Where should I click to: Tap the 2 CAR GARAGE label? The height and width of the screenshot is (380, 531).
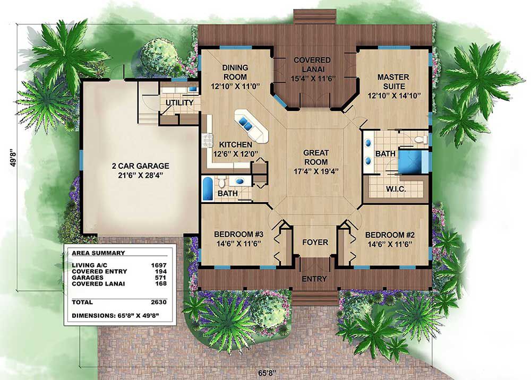(x=141, y=166)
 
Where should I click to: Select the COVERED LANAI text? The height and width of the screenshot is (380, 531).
(x=312, y=65)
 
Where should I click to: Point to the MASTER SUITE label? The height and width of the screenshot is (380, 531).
(x=393, y=82)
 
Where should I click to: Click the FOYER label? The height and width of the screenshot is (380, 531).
(x=315, y=243)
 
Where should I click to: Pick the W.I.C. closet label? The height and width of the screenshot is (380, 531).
(x=396, y=189)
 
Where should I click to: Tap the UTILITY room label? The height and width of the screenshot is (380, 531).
(x=179, y=102)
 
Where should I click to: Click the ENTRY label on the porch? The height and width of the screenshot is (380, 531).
(x=314, y=279)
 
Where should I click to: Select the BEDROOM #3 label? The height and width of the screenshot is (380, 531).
(x=239, y=234)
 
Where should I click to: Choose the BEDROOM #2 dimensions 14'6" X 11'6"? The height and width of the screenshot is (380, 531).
(x=390, y=244)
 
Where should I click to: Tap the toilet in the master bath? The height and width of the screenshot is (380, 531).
(x=421, y=139)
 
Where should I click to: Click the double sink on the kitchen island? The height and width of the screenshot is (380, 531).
(x=245, y=123)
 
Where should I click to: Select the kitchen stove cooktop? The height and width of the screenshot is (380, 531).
(x=207, y=141)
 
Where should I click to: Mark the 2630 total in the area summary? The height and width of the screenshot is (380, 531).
(x=159, y=302)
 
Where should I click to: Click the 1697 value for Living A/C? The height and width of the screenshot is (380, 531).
(x=159, y=265)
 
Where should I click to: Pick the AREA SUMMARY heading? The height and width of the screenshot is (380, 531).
(x=98, y=253)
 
